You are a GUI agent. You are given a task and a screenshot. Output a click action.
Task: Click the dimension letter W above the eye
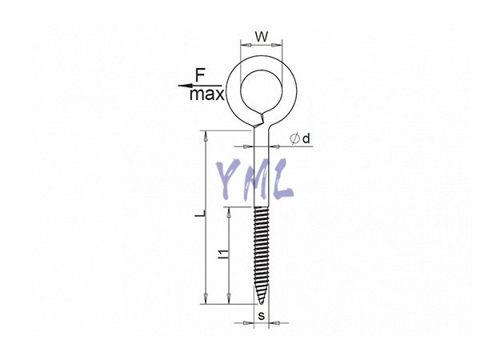coord(262,37)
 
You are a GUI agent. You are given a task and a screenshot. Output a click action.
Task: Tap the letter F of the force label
coord(200,76)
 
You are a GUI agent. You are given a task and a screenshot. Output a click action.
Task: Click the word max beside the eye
coord(206,94)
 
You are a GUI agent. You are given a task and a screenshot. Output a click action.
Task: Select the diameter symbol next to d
coord(294,139)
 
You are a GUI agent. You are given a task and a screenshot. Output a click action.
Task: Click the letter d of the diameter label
coord(306,138)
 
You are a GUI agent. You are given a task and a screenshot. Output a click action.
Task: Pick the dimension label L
coord(199,214)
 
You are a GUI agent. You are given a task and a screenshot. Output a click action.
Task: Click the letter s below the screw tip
coord(262,316)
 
